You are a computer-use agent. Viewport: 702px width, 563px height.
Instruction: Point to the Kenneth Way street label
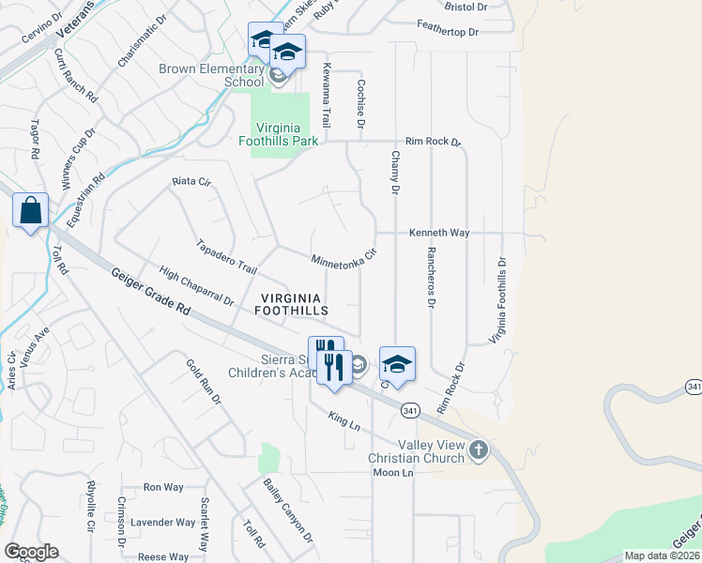click(438, 232)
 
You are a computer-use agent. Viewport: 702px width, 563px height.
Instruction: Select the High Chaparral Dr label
click(196, 286)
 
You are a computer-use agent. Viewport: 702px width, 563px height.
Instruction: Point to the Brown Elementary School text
click(211, 75)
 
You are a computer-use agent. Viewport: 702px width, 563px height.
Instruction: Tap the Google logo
click(31, 551)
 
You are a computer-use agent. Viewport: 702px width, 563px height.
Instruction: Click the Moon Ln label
click(392, 472)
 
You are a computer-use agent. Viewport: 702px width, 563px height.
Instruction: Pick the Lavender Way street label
click(162, 523)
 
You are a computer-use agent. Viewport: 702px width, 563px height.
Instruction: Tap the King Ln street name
click(344, 420)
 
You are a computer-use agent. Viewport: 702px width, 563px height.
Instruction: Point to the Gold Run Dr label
click(203, 383)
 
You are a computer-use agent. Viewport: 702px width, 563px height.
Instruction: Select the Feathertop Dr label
click(448, 32)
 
